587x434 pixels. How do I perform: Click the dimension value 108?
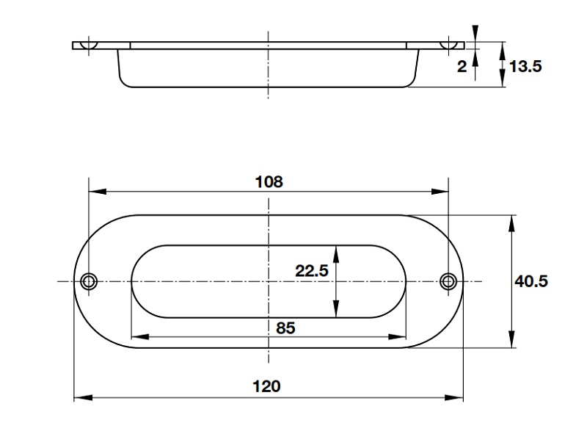point(269,181)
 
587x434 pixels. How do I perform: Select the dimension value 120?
point(269,386)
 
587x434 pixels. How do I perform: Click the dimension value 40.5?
point(531,281)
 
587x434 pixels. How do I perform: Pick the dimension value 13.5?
point(525,67)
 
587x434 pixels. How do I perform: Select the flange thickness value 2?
point(462,67)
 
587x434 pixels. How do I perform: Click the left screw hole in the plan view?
point(89,281)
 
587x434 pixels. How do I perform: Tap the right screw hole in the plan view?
point(448,281)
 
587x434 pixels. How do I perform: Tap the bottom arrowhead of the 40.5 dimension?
point(511,341)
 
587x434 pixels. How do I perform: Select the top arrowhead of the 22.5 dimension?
point(336,251)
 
